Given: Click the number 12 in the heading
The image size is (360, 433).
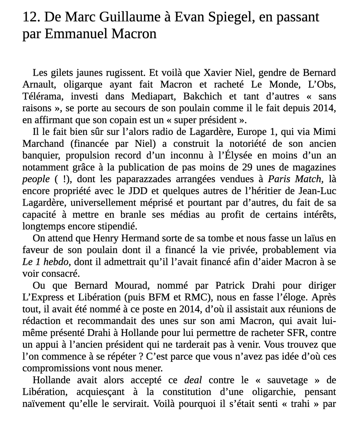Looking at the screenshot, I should (x=30, y=17).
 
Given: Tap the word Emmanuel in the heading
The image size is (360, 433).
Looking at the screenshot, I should (x=77, y=34).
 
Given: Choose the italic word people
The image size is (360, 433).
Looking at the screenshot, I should (x=36, y=179).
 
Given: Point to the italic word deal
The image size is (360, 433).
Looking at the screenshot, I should (x=193, y=380).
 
